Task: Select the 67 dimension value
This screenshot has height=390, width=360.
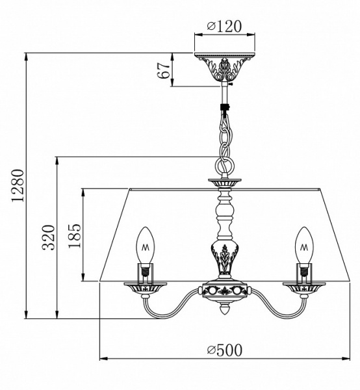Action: pyautogui.click(x=166, y=70)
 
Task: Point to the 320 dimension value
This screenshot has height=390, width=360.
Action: pyautogui.click(x=46, y=239)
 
